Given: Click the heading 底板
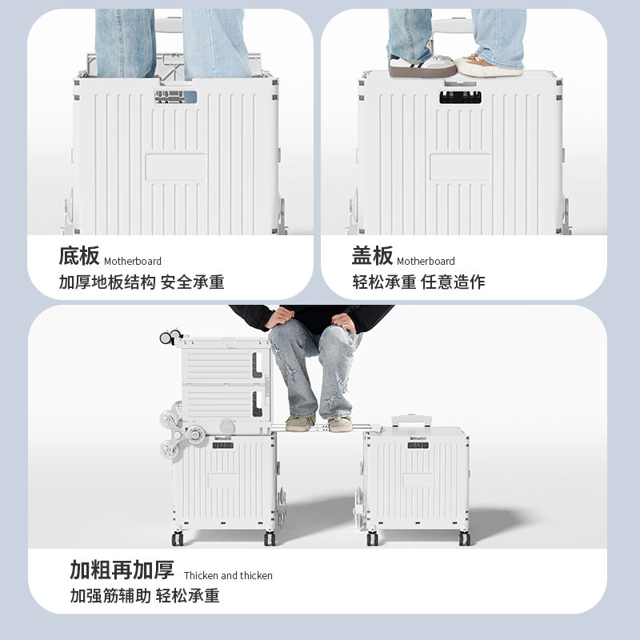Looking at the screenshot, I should tap(79, 256).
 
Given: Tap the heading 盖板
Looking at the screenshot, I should tap(372, 256).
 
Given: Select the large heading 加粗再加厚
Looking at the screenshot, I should tap(122, 570).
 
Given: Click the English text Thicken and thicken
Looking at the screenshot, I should tap(228, 576).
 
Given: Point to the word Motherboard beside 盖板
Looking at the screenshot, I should tap(426, 262).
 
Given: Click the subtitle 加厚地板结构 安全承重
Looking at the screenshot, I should tap(142, 282).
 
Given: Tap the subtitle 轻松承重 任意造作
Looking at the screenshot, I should tap(418, 282).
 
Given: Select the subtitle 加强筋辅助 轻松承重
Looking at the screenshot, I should tap(144, 595).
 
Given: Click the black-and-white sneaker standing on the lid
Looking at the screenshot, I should tap(421, 65).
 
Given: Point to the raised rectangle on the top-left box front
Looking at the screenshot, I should tap(175, 167).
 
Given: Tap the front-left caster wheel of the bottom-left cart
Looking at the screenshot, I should tap(177, 538).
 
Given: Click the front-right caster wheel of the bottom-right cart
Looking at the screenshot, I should tap(464, 538).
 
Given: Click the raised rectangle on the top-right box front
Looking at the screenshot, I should tap(460, 167).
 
